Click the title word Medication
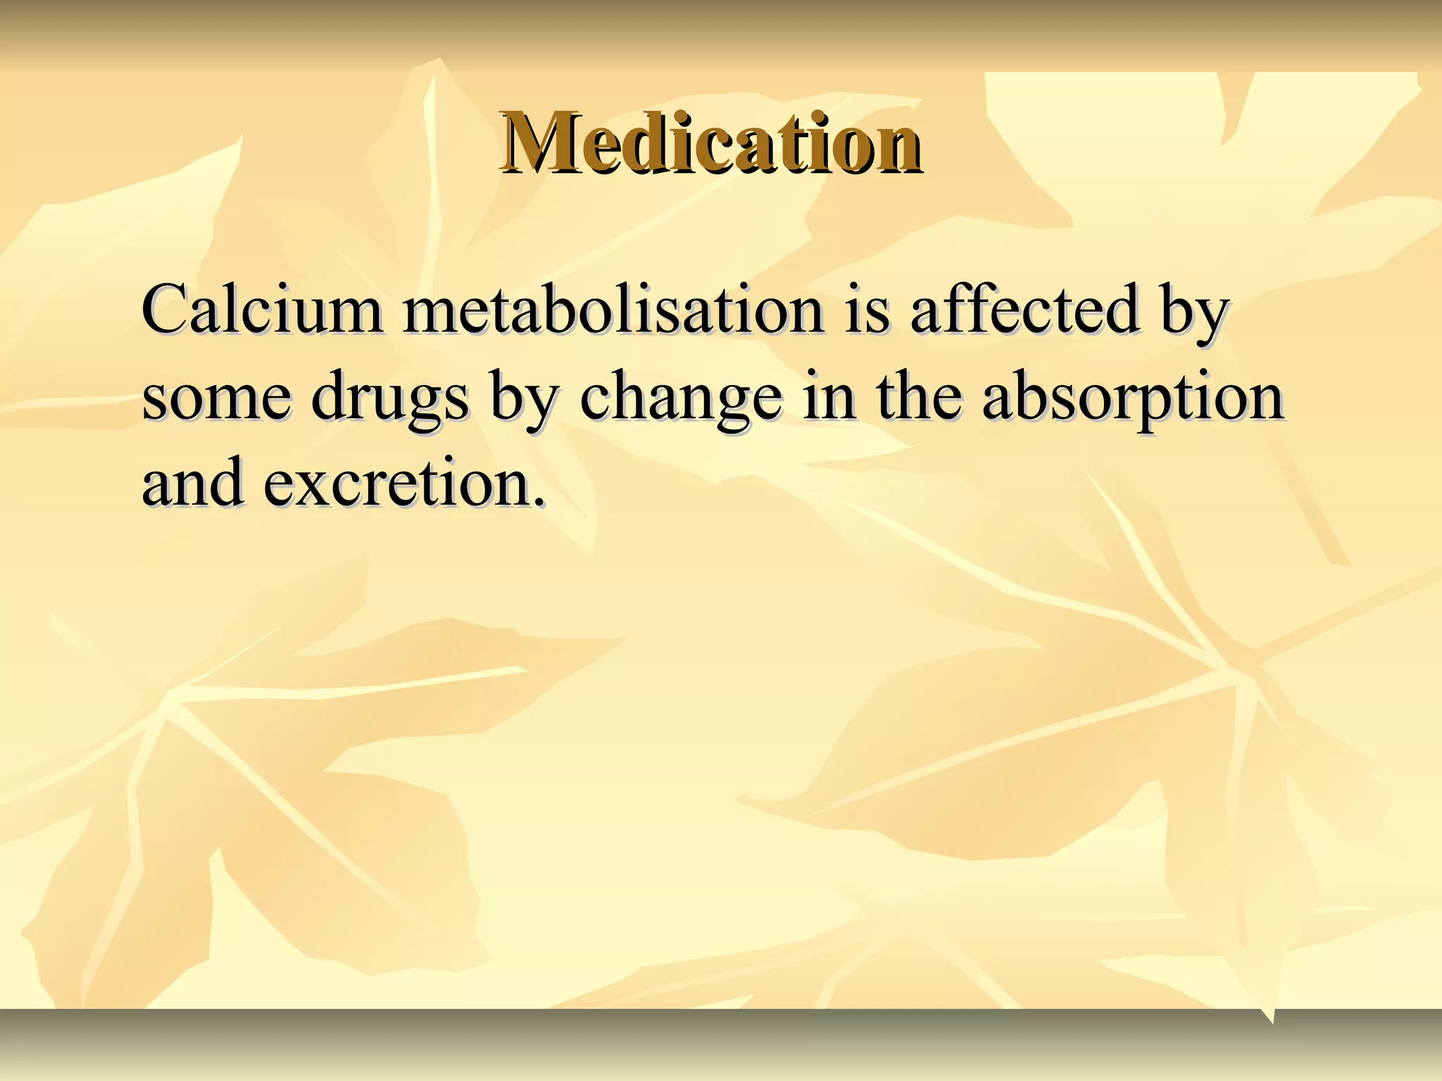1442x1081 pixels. point(710,144)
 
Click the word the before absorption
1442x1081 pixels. point(919,396)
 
